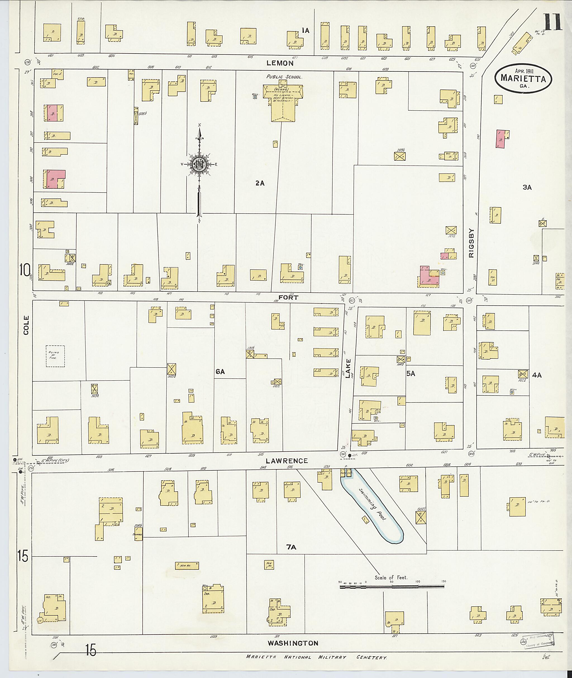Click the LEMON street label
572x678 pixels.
(280, 63)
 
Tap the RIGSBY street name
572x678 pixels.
(471, 243)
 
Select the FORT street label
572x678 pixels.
(288, 297)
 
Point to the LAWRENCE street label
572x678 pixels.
(287, 461)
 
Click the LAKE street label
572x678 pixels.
(348, 368)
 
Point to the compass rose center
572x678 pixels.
(199, 164)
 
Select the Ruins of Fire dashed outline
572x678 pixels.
(55, 356)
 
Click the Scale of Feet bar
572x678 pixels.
(392, 587)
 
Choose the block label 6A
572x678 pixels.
(220, 372)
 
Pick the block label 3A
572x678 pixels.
(527, 187)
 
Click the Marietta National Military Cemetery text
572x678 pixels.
(316, 657)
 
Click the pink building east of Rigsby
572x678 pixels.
(501, 139)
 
